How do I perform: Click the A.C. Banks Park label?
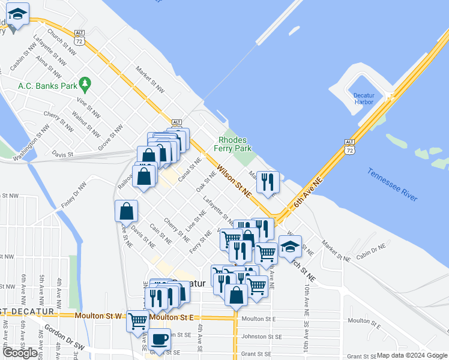45,85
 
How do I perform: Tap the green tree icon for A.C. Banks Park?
85,85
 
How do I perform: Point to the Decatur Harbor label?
364,98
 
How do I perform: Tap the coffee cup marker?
160,340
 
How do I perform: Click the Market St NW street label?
150,79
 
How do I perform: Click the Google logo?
21,353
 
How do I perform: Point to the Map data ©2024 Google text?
412,355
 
